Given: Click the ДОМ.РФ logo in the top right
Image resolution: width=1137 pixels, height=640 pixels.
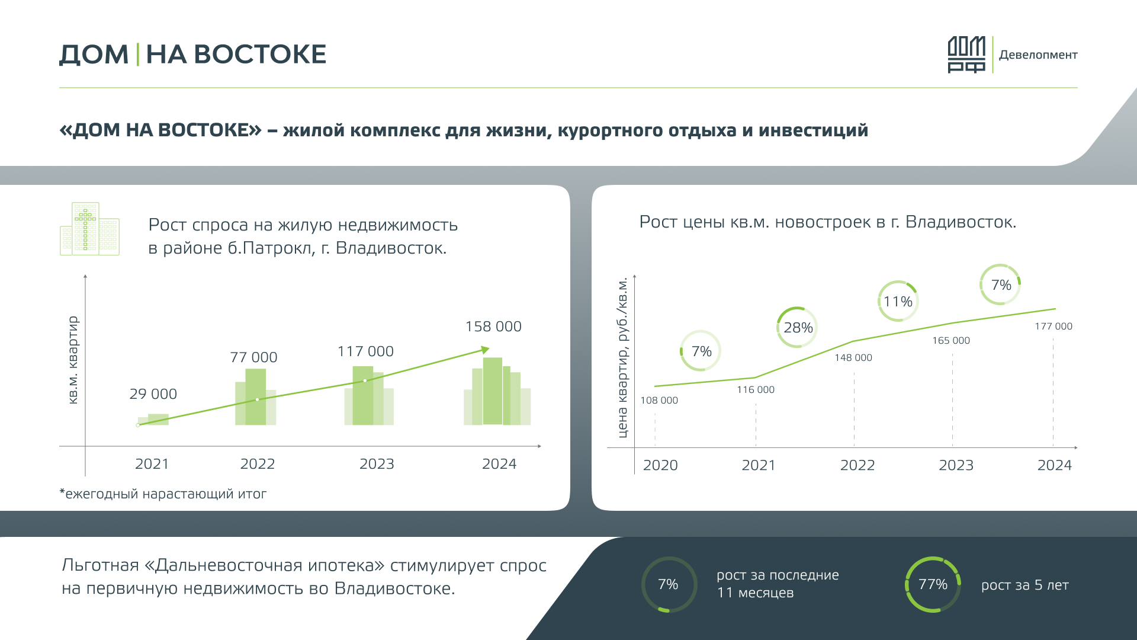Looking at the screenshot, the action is click(x=966, y=55).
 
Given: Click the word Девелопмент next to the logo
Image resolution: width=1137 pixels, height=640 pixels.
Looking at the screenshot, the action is click(x=1038, y=55).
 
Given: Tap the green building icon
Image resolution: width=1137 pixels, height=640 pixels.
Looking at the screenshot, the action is click(x=89, y=229).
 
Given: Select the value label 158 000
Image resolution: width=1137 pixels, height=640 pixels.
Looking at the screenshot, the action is click(x=493, y=327).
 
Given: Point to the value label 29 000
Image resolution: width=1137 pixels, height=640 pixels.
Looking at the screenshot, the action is click(x=153, y=394).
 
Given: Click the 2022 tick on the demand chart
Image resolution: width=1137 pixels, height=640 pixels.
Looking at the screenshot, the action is click(x=258, y=464).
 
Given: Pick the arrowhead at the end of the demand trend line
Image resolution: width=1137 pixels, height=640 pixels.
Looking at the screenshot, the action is click(x=485, y=350).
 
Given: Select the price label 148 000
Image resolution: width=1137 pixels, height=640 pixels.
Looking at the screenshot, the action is click(x=853, y=358).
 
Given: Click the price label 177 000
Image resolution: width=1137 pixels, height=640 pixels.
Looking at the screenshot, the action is click(x=1054, y=327).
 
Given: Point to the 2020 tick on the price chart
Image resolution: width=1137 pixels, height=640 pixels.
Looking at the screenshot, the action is click(x=660, y=465).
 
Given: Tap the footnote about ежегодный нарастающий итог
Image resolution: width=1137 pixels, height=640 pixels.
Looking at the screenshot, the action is click(x=163, y=494).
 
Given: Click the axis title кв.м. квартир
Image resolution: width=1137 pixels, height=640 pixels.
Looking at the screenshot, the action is click(x=73, y=360).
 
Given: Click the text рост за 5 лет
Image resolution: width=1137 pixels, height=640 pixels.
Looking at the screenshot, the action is click(x=1025, y=585).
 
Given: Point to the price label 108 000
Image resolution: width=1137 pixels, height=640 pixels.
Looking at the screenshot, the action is click(x=659, y=401).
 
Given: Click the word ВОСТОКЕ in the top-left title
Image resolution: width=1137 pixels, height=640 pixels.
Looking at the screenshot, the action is click(x=259, y=55).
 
